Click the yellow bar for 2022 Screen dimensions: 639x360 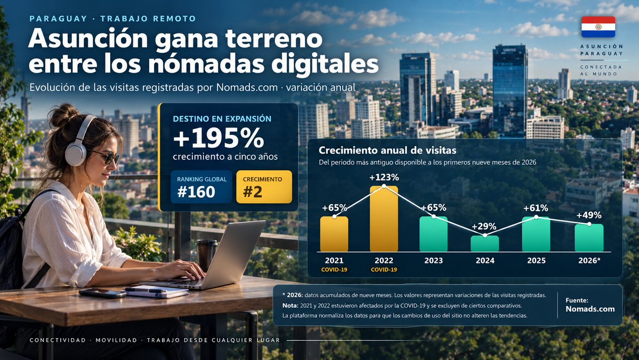click(384, 219)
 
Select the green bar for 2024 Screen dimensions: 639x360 click(484, 243)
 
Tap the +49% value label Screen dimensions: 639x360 click(589, 215)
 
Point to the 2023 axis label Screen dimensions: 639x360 click(433, 260)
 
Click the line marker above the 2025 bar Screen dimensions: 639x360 click(536, 217)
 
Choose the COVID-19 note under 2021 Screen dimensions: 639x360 click(334, 269)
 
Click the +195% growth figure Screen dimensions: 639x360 click(219, 138)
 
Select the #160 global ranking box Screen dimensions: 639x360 click(201, 187)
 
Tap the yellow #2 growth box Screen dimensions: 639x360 click(264, 187)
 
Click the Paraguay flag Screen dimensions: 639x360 click(598, 27)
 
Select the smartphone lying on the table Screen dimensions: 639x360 click(102, 293)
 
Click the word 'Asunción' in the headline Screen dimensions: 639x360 click(88, 39)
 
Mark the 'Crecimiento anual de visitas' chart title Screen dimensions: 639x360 click(387, 150)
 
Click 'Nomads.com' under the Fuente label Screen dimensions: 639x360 click(590, 309)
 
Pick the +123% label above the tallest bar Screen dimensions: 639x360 click(384, 178)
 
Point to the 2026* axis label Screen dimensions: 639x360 click(589, 260)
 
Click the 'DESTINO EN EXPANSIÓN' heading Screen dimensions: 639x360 click(222, 119)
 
